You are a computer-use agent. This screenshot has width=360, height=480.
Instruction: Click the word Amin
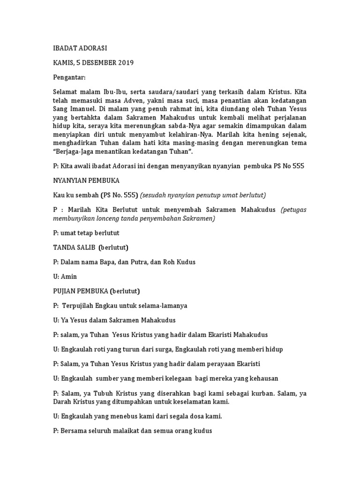pyautogui.click(x=69, y=277)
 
